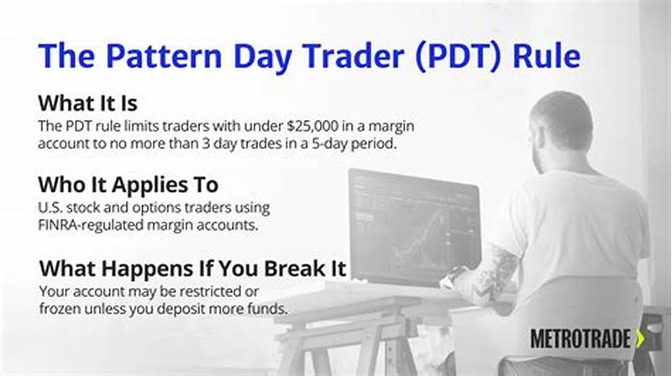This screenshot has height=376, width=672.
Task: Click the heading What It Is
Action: coord(88,103)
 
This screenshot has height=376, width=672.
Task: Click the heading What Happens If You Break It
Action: coord(192,269)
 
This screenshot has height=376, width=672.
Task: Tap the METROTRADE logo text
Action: coord(579,338)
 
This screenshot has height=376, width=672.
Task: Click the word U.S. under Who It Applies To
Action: coord(51,206)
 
